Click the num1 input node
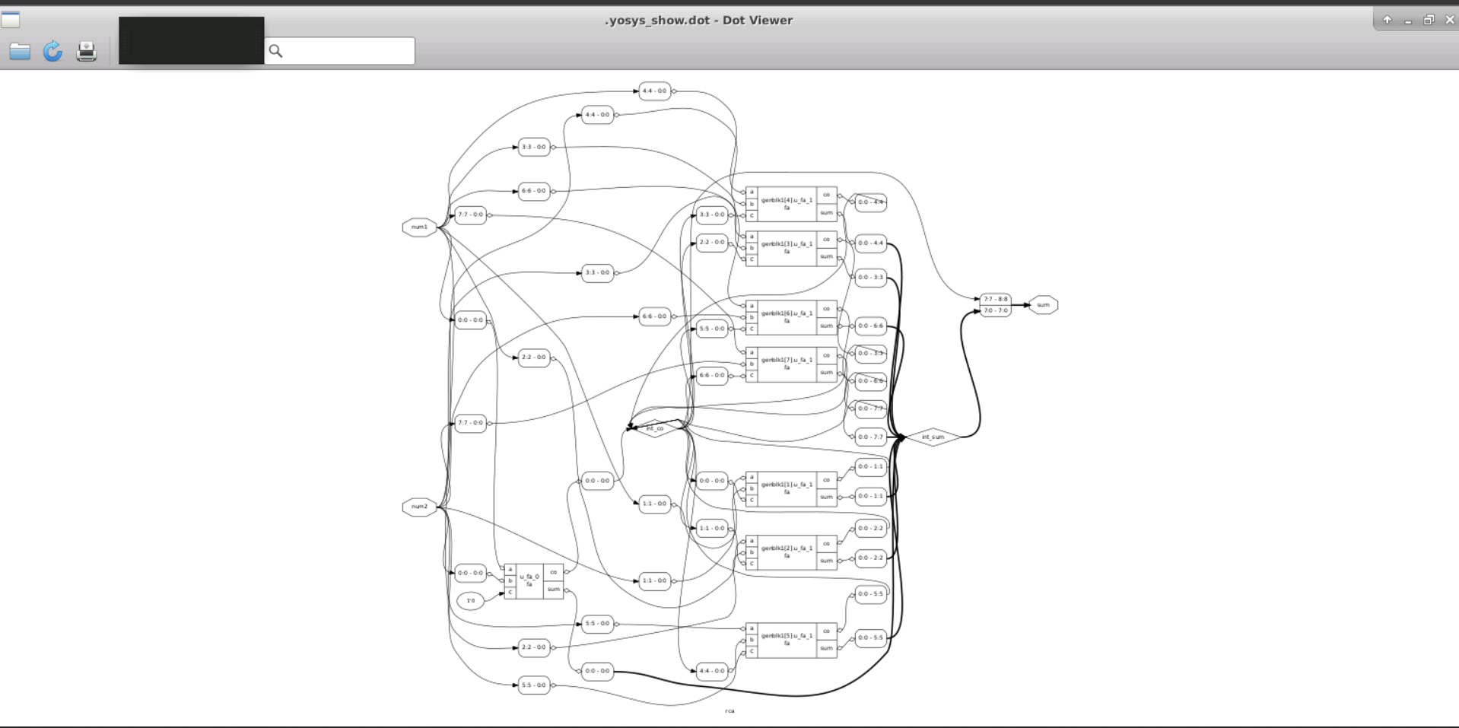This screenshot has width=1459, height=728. click(x=419, y=227)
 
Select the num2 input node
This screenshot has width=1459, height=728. click(x=419, y=507)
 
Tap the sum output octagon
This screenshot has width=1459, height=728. click(x=1043, y=305)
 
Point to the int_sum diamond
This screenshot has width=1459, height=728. click(x=933, y=437)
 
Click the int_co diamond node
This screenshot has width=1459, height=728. click(x=655, y=428)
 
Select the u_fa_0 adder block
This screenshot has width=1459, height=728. click(x=529, y=581)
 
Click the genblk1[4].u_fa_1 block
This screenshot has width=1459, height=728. click(x=787, y=203)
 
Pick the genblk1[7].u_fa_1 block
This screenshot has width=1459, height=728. click(x=787, y=364)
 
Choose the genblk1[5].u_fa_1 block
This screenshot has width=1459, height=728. click(x=787, y=639)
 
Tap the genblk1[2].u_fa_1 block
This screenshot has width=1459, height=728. click(x=787, y=552)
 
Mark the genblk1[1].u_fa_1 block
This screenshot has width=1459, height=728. click(x=787, y=488)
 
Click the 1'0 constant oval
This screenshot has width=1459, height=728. click(x=471, y=601)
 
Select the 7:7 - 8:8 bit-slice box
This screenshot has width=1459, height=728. click(x=995, y=299)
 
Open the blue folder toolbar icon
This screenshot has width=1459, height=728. click(x=20, y=51)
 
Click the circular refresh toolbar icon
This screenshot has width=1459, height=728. click(x=52, y=51)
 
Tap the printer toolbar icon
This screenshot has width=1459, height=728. click(x=87, y=51)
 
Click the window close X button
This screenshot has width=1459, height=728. click(x=1449, y=20)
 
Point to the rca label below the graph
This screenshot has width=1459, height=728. click(x=729, y=711)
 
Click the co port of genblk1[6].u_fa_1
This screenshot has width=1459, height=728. click(x=826, y=309)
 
